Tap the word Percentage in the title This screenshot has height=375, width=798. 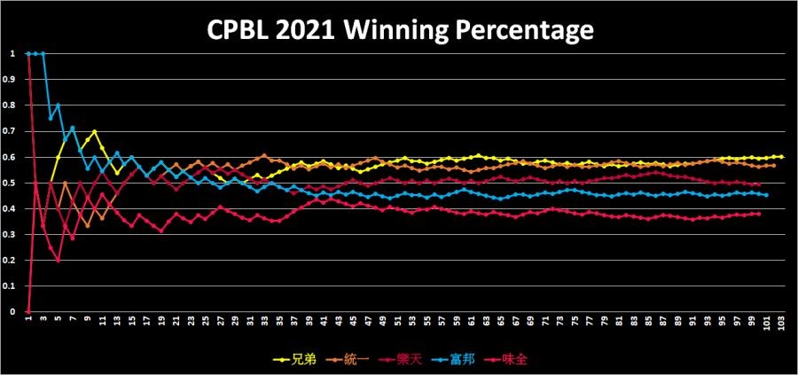pyautogui.click(x=528, y=31)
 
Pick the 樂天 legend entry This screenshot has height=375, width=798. pyautogui.click(x=398, y=361)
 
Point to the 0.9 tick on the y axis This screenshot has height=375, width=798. pyautogui.click(x=12, y=79)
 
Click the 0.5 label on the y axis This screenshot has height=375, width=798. pyautogui.click(x=12, y=183)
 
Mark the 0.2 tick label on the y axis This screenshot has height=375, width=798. pyautogui.click(x=12, y=261)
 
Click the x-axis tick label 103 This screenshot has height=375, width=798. pyautogui.click(x=781, y=324)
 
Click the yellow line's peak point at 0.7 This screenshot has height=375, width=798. pyautogui.click(x=94, y=131)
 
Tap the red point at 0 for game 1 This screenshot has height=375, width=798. pyautogui.click(x=28, y=312)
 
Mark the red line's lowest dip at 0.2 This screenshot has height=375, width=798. pyautogui.click(x=58, y=261)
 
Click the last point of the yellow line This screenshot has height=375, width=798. pyautogui.click(x=781, y=157)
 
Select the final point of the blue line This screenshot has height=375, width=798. pyautogui.click(x=766, y=194)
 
